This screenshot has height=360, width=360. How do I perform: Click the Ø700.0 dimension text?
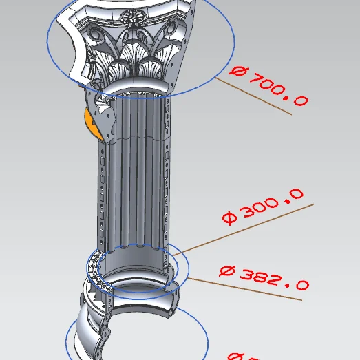click(269, 85)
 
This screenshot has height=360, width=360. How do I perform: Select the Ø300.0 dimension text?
click(262, 208)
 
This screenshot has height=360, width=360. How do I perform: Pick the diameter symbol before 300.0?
click(229, 219)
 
